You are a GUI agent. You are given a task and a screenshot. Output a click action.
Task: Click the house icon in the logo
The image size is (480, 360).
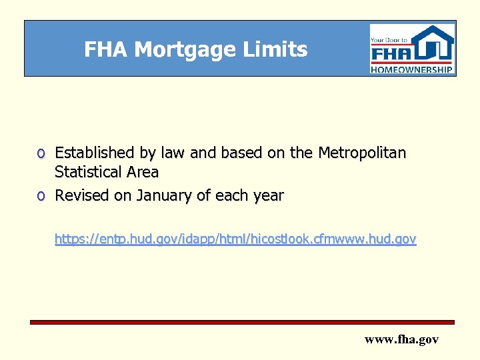pos(433,44)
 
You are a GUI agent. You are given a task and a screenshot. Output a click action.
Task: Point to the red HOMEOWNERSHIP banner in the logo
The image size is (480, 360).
pos(412,69)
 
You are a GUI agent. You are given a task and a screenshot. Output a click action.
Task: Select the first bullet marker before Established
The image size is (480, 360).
pos(41,154)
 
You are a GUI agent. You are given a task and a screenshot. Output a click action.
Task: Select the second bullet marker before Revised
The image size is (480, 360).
pos(41,197)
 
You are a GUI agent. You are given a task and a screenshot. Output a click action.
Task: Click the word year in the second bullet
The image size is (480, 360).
pos(267,197)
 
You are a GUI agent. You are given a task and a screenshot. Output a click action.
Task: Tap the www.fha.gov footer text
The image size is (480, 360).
pos(401,339)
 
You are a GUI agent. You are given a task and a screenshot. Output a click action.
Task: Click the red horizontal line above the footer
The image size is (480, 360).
pos(242,322)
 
